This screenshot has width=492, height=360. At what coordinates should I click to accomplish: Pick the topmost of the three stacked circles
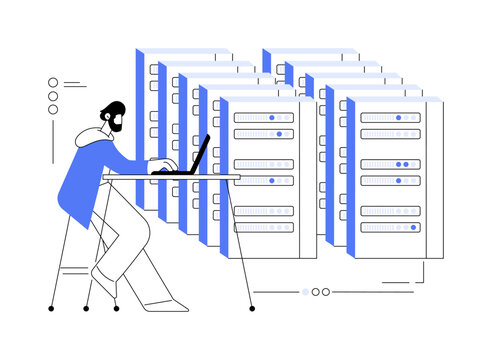click(x=53, y=83)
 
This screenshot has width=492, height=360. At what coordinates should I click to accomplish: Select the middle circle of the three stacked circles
click(x=53, y=96)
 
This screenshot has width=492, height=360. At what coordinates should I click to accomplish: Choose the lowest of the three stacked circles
click(x=53, y=109)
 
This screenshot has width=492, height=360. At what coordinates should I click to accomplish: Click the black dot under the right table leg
click(x=237, y=308)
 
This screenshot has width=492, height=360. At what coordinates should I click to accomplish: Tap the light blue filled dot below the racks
click(x=305, y=292)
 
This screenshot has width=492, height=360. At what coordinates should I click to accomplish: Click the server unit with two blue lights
click(x=390, y=163)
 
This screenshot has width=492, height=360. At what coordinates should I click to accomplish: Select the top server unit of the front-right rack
click(x=390, y=117)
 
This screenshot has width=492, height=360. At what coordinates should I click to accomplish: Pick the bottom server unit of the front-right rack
click(x=390, y=227)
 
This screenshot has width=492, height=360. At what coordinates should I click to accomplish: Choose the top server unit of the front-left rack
click(x=264, y=117)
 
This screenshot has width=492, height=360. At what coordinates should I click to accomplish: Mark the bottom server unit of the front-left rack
click(x=264, y=227)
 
